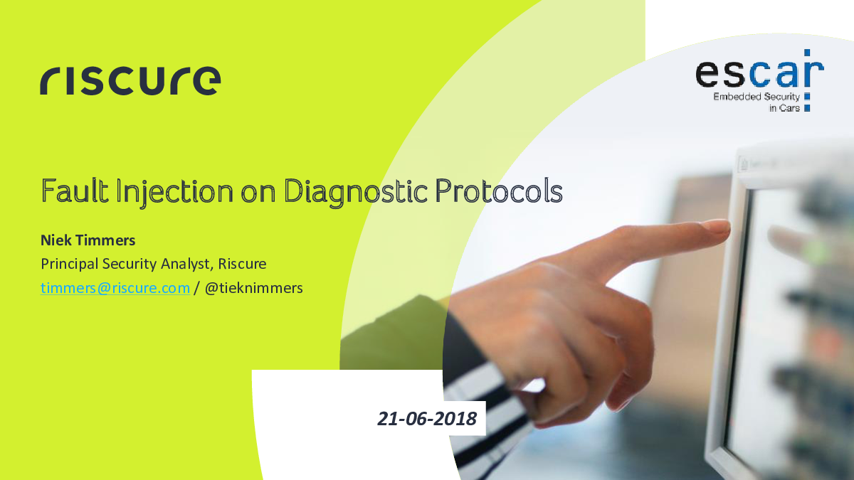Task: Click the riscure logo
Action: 130,80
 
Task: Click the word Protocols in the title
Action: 499,190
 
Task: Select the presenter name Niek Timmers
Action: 88,240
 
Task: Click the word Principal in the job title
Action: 70,264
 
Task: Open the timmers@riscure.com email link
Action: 115,288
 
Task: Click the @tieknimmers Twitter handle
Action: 254,288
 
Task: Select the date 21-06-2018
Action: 427,419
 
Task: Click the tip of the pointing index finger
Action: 727,228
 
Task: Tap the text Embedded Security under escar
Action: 757,97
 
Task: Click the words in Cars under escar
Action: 784,108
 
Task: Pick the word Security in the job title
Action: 130,264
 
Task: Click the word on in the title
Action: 258,193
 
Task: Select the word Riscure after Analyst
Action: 242,264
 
